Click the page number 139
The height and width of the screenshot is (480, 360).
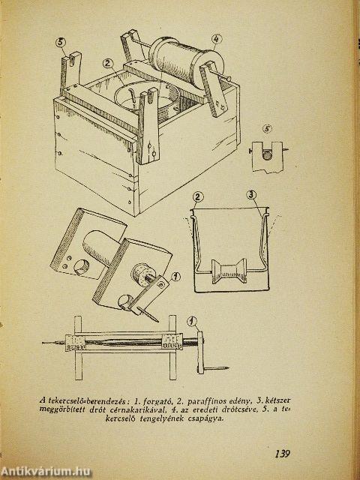click(x=282, y=453)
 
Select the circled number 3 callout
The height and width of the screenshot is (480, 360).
click(x=251, y=195)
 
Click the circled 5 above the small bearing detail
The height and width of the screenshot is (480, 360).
click(x=268, y=129)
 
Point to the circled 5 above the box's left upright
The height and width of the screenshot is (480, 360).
click(x=61, y=42)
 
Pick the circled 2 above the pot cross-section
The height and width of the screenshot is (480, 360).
click(x=198, y=196)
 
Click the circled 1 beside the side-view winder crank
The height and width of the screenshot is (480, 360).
click(x=192, y=322)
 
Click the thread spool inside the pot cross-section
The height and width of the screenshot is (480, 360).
click(x=229, y=271)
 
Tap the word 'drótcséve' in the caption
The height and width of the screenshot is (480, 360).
click(x=237, y=410)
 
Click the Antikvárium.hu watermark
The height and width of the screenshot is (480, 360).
click(x=46, y=472)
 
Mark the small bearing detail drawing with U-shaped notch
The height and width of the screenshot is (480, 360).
click(x=267, y=157)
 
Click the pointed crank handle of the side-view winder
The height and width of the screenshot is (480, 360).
click(x=217, y=368)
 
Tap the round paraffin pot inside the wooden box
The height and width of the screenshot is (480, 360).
click(x=146, y=97)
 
